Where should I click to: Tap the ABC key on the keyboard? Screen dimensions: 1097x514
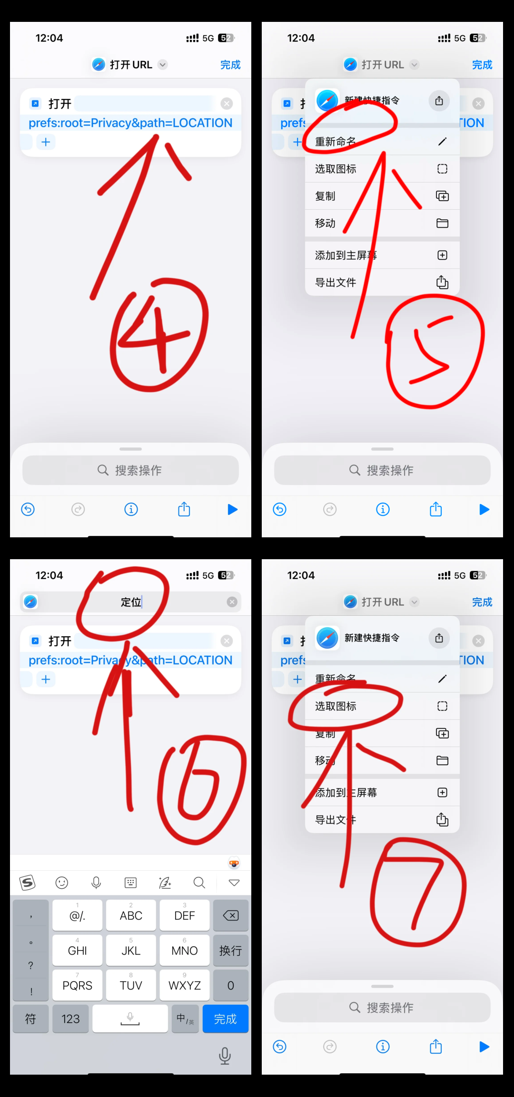[131, 915]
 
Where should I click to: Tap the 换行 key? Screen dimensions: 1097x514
[230, 950]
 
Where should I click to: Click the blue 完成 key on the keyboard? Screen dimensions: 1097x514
[225, 1019]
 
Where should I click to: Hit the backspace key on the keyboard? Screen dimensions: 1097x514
[230, 915]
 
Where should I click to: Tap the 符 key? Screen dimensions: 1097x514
[30, 1019]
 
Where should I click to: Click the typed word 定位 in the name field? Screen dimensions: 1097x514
[131, 602]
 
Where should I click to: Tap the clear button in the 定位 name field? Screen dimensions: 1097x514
[232, 602]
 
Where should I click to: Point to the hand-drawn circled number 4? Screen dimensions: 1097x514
[159, 335]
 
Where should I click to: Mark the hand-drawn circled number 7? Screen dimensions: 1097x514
[418, 892]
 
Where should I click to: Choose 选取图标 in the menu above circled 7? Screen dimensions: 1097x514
[336, 706]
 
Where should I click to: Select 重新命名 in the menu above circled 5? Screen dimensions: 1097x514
[336, 142]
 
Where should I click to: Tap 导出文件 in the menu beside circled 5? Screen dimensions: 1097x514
[336, 282]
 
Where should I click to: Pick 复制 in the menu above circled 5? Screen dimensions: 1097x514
[326, 196]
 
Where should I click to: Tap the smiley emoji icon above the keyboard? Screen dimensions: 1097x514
[62, 883]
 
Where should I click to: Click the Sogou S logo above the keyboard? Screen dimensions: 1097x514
[28, 883]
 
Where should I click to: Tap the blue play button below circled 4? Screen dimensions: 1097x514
[232, 510]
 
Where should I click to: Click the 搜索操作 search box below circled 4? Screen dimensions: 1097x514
[130, 470]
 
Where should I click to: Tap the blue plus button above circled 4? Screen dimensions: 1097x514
[46, 142]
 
